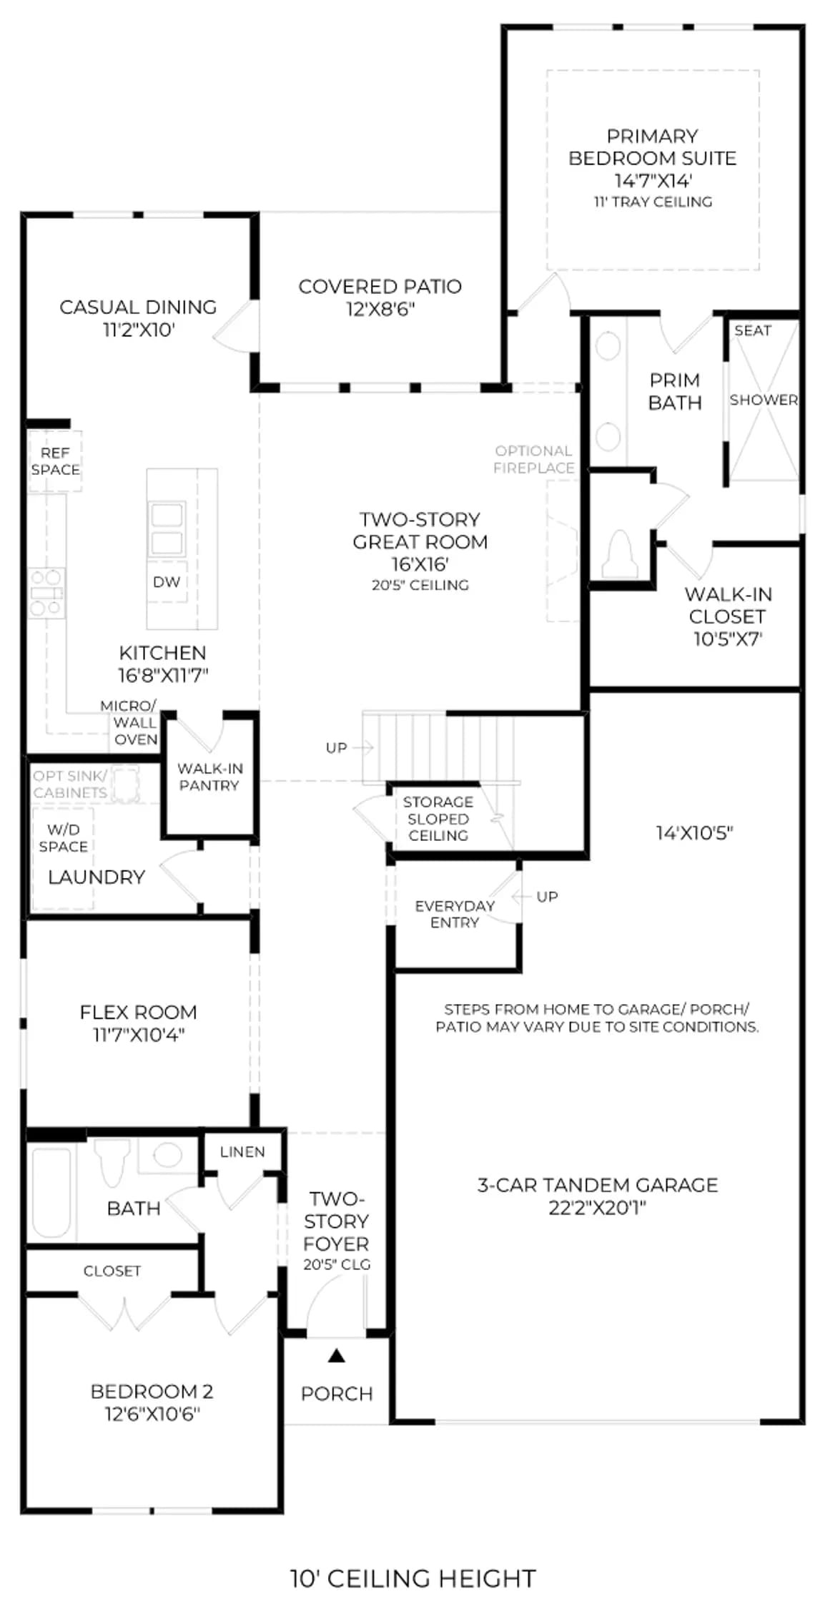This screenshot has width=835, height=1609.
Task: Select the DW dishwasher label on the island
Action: tap(167, 582)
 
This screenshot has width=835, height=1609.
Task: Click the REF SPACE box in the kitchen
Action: tap(55, 461)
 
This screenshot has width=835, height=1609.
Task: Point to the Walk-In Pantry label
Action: tap(210, 777)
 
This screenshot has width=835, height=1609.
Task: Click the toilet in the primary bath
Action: tap(620, 555)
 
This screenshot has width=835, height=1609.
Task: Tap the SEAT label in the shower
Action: tap(753, 330)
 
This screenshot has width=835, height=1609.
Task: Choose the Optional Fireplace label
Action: tap(534, 459)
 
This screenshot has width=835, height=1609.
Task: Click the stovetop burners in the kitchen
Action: tap(46, 593)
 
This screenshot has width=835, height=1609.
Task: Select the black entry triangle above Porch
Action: tap(337, 1356)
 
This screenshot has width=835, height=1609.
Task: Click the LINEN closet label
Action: tap(242, 1152)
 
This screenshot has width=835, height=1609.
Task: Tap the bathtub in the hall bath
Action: tap(51, 1192)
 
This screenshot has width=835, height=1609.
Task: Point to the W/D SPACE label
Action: tap(64, 838)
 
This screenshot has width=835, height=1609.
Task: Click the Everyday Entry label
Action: tap(455, 914)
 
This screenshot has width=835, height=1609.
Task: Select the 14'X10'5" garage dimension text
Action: tap(695, 833)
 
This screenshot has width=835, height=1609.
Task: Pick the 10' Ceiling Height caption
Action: tap(413, 1578)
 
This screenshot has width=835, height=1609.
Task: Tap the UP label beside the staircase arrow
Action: tap(336, 748)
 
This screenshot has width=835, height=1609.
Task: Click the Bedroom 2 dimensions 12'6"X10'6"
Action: tap(152, 1414)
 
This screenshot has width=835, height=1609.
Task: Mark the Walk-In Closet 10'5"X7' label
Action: tap(728, 616)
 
